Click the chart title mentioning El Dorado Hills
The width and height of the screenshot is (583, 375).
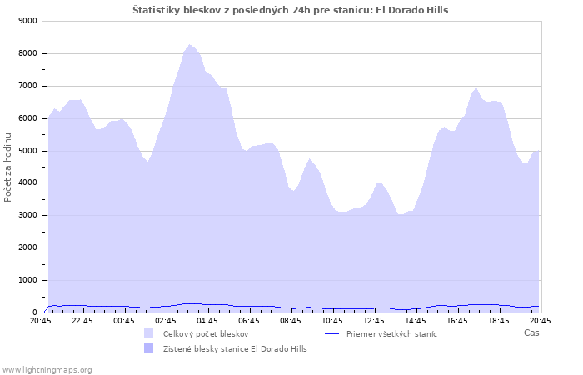click(291, 10)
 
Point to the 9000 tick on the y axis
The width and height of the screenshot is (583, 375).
click(27, 21)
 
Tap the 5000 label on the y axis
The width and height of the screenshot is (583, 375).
click(27, 151)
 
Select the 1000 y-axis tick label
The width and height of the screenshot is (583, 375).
click(27, 280)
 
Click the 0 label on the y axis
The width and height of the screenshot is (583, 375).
click(35, 312)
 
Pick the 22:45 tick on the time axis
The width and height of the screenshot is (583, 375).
click(82, 321)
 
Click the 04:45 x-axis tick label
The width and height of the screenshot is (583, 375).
click(207, 321)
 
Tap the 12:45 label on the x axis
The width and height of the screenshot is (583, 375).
click(374, 321)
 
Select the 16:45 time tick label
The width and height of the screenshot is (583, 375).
click(457, 321)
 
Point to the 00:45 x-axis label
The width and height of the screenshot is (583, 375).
click(124, 321)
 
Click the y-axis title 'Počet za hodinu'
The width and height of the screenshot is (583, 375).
click(7, 167)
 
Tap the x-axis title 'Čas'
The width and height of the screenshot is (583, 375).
click(531, 332)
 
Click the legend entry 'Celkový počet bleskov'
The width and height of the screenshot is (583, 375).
click(206, 334)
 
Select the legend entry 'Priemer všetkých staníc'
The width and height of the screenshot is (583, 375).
click(391, 334)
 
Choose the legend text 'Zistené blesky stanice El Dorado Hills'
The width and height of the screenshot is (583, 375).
click(235, 349)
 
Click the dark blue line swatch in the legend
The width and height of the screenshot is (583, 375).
click(331, 333)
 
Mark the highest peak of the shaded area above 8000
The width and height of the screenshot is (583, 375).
click(189, 45)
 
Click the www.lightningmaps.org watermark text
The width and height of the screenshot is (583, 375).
click(46, 370)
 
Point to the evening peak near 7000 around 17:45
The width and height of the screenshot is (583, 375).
click(476, 87)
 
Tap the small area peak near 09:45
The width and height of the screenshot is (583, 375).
click(309, 159)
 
